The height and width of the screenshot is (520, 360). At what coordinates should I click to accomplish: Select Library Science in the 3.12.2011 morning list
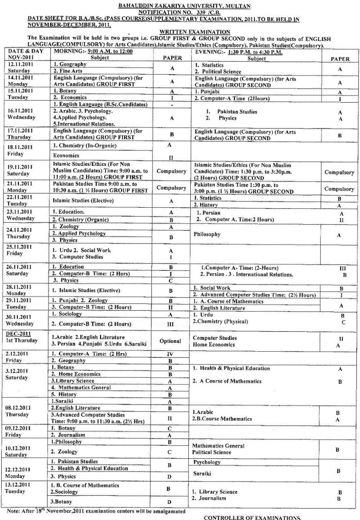pos(72,381)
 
